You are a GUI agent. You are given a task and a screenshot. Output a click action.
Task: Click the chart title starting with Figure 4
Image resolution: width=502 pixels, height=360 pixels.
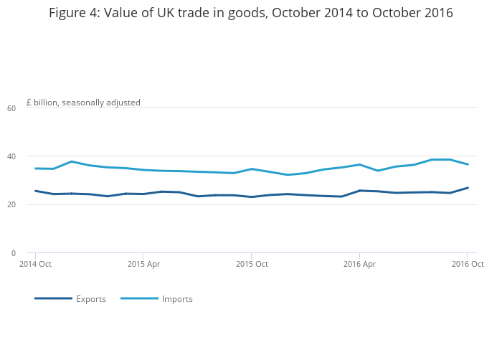coord(251,13)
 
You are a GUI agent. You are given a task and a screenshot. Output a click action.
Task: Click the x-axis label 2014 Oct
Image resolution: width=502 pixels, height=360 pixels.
coord(35,265)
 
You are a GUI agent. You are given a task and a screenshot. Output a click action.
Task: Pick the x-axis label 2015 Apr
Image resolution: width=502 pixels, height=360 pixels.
coord(143,265)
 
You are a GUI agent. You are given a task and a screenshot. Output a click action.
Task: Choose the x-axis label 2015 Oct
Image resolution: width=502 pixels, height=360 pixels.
coord(252,265)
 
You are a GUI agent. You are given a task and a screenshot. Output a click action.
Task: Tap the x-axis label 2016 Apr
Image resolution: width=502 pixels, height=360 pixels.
coord(359,265)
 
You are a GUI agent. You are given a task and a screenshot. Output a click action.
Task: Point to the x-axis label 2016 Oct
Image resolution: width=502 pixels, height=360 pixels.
coord(468,265)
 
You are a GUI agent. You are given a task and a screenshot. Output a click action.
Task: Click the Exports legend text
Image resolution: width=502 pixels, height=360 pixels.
coord(91,299)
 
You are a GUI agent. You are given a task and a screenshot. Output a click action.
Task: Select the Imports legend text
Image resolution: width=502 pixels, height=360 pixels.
coord(177,299)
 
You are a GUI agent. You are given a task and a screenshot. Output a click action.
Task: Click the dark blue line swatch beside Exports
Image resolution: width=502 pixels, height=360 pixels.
coord(53,298)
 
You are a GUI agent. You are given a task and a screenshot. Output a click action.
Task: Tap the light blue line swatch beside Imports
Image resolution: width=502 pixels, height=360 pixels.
coord(139,298)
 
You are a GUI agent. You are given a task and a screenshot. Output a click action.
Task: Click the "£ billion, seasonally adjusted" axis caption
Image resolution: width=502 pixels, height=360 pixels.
coord(83,103)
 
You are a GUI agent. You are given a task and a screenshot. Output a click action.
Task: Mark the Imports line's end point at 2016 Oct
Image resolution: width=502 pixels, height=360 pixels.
coord(468,164)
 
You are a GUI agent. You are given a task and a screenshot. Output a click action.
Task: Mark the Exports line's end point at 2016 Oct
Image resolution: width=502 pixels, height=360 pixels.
coord(468,188)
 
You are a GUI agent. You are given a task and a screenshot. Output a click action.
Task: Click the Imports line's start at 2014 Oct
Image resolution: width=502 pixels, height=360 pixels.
coord(35,169)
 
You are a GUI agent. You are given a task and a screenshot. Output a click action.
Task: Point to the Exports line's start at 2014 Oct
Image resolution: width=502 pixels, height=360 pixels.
coord(35,191)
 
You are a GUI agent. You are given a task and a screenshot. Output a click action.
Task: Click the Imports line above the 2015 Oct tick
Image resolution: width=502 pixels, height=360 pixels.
coord(251,169)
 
